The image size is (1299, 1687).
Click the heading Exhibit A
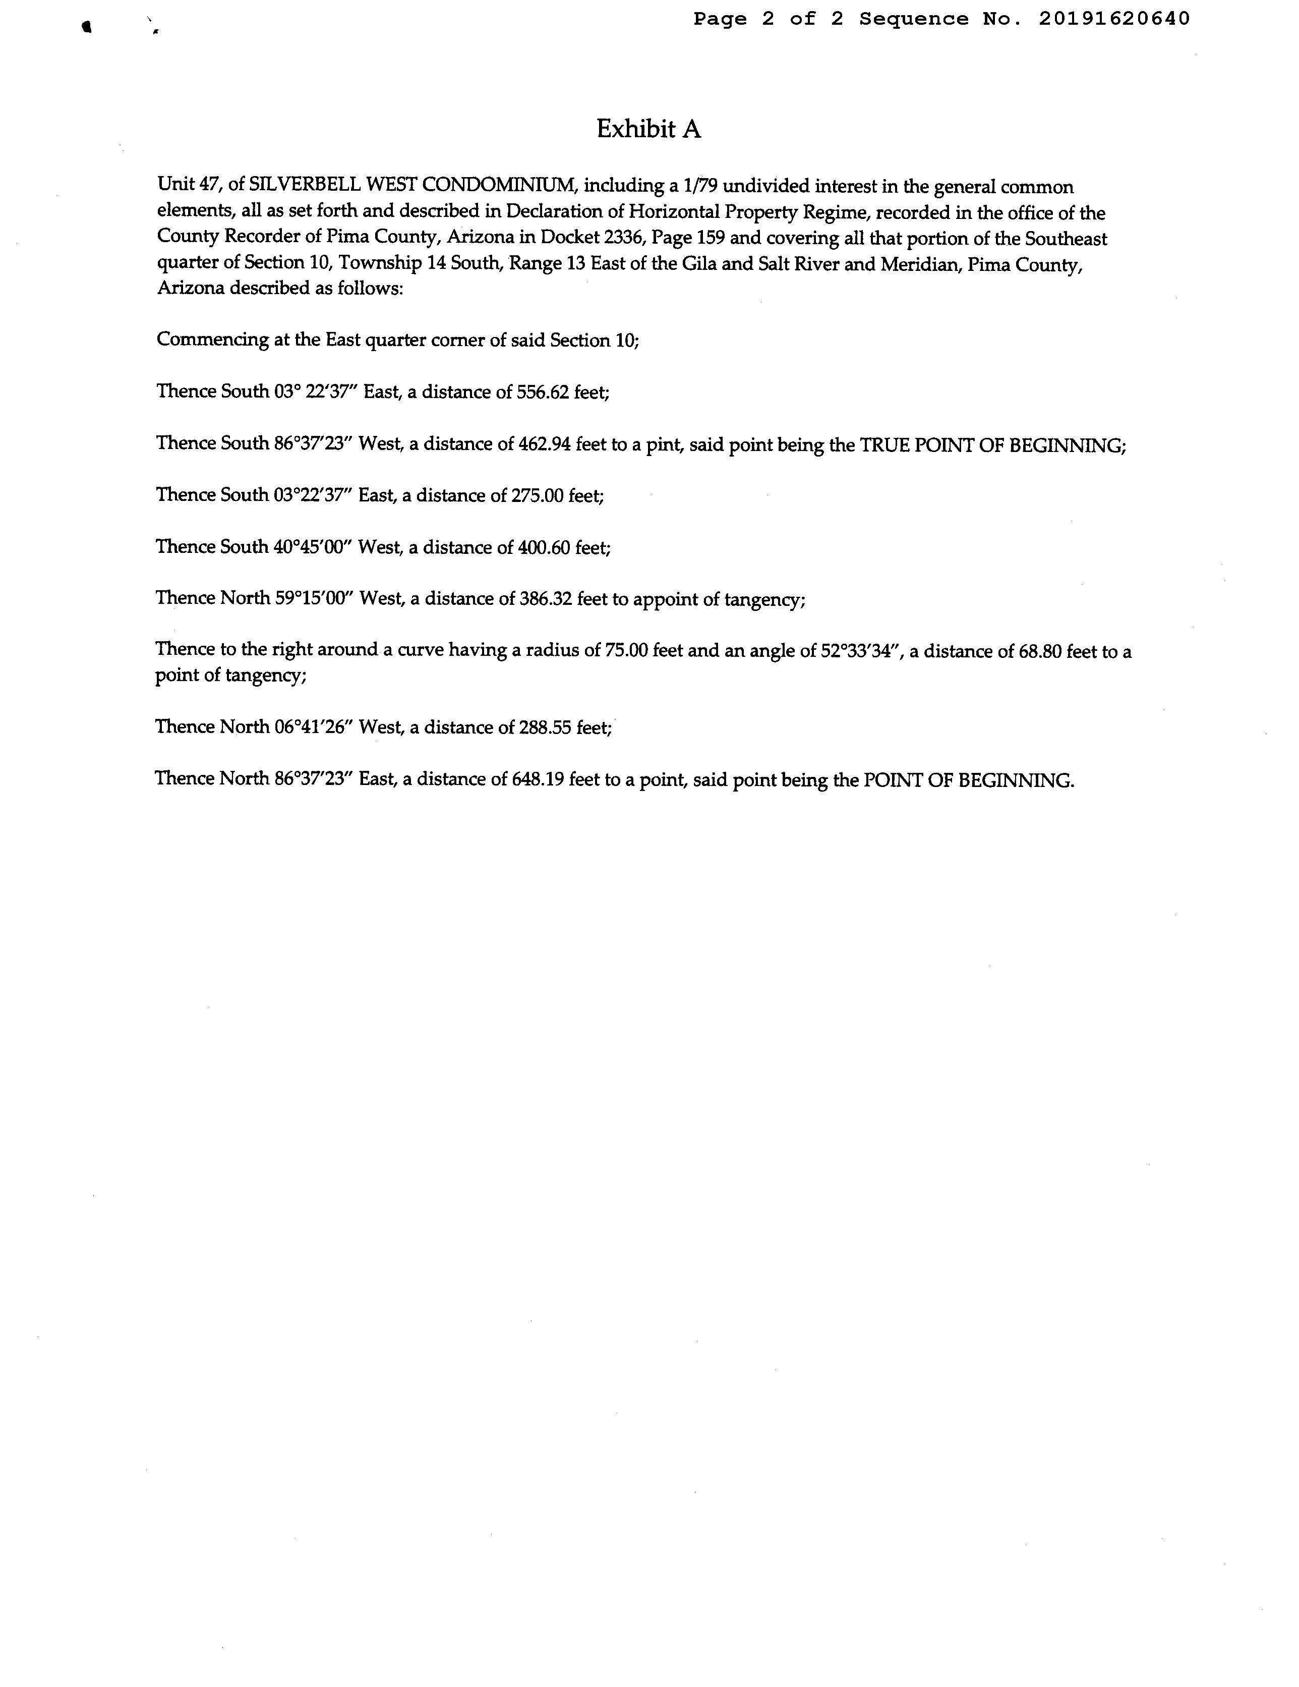(648, 129)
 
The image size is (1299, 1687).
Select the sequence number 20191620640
(1113, 19)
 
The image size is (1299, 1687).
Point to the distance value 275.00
(537, 495)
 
